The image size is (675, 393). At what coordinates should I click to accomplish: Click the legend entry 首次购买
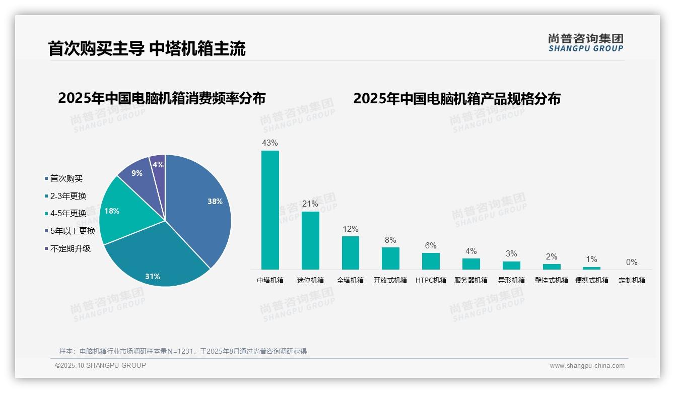click(x=66, y=178)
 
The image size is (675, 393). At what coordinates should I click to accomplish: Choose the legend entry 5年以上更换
click(x=73, y=231)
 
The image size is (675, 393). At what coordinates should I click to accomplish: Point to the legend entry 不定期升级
click(x=70, y=249)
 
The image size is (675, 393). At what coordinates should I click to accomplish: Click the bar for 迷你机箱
click(x=310, y=240)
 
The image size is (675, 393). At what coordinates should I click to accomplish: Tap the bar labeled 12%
click(x=350, y=252)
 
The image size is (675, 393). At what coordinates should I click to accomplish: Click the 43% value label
click(x=270, y=143)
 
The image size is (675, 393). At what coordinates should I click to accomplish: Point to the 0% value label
click(x=632, y=262)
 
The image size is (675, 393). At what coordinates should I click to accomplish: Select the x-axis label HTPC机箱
click(x=431, y=280)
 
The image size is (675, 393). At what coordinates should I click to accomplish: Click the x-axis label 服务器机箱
click(x=471, y=280)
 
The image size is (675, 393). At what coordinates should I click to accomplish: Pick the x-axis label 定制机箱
click(x=632, y=280)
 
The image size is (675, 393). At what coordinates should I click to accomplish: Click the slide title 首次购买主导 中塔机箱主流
click(x=147, y=49)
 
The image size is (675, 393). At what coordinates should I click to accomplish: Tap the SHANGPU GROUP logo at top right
click(x=585, y=43)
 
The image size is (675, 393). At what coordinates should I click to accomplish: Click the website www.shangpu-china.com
click(x=587, y=366)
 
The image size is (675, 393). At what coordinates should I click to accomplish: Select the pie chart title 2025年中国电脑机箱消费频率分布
click(x=161, y=98)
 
